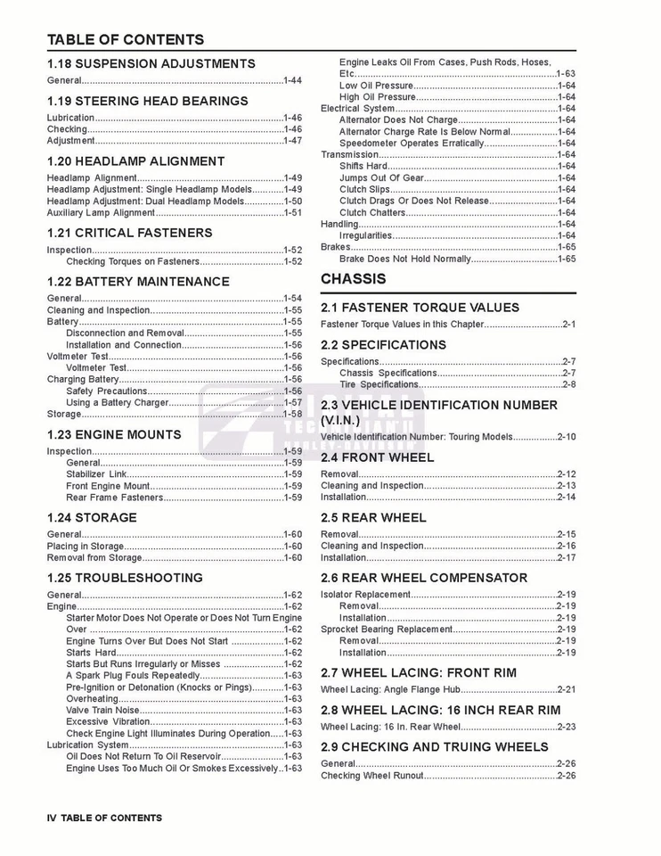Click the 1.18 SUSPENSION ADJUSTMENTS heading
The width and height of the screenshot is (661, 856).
click(151, 64)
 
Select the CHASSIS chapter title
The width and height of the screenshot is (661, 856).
click(354, 279)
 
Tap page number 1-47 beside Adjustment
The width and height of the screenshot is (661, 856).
click(292, 141)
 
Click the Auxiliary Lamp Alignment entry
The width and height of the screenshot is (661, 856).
click(102, 213)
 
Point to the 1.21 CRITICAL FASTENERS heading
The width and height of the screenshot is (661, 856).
click(129, 233)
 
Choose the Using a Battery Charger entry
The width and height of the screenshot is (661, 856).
click(118, 403)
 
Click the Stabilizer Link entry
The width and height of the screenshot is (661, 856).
click(96, 474)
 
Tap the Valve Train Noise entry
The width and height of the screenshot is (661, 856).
click(102, 711)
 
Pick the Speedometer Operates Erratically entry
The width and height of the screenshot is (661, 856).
click(412, 143)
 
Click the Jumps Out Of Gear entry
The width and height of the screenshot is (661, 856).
click(381, 178)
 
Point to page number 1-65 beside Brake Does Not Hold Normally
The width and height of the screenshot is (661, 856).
click(567, 259)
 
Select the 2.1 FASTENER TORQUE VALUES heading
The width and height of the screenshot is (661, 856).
click(420, 308)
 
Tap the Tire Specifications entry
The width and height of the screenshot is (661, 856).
click(379, 385)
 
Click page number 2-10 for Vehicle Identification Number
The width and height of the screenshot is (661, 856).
click(567, 437)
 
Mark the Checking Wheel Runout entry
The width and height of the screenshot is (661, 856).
click(372, 776)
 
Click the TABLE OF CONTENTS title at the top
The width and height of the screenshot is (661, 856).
click(125, 39)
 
